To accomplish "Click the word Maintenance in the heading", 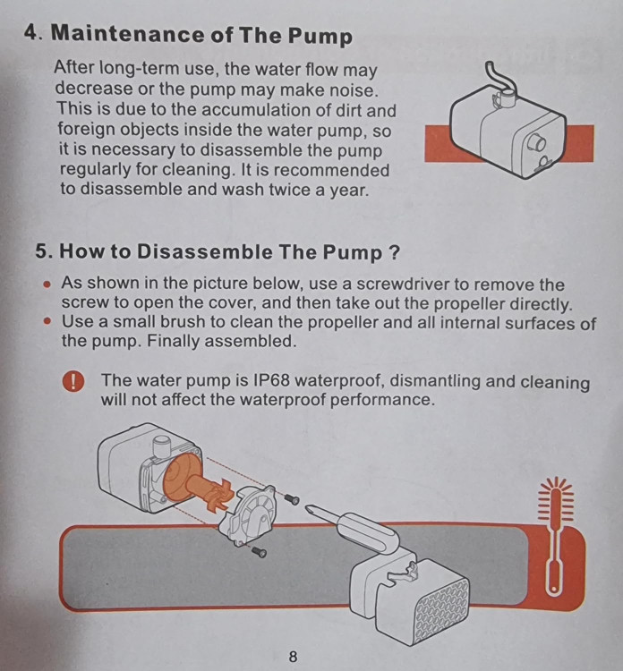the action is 128,33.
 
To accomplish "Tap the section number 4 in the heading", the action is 31,32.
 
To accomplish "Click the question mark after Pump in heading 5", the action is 394,251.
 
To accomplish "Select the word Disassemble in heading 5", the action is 204,251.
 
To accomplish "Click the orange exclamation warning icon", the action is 73,381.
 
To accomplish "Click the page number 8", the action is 293,656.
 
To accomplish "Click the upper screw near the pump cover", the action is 293,498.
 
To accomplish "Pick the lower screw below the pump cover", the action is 259,552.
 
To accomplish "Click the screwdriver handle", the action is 367,533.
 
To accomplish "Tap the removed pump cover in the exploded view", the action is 247,516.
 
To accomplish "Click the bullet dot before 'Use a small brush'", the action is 48,321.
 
